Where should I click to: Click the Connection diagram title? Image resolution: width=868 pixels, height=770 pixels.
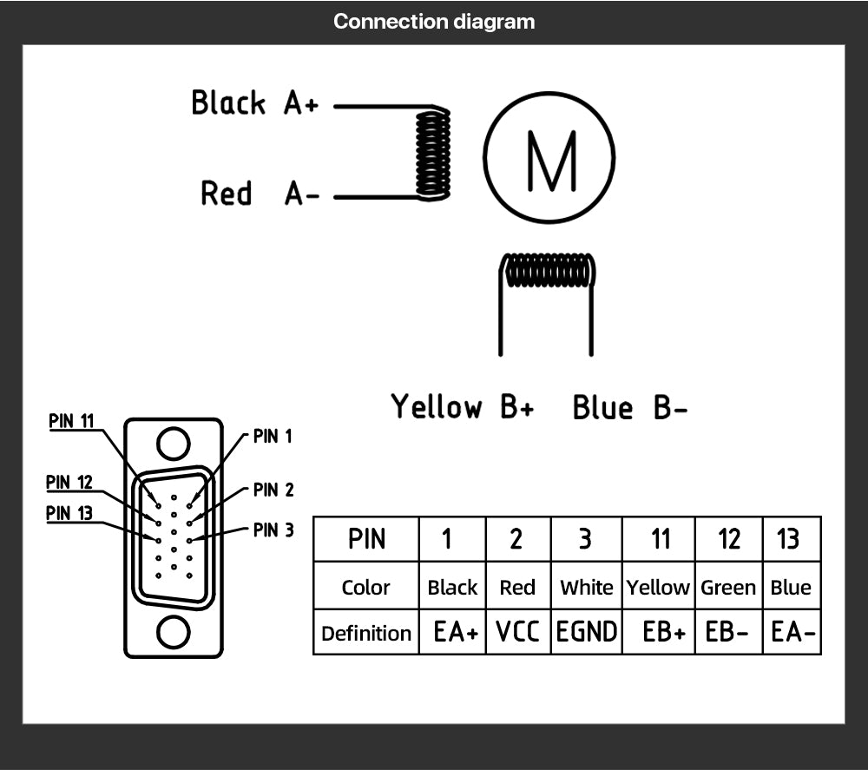pos(434,22)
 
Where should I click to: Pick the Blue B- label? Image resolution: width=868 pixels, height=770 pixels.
pos(629,407)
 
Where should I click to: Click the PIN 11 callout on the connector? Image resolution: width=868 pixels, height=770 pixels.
pos(71,421)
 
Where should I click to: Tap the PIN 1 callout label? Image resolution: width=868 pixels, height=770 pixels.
pos(273,437)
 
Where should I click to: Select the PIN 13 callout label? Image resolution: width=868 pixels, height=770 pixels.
pos(69,513)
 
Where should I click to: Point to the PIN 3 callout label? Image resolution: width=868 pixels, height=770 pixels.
pos(273,530)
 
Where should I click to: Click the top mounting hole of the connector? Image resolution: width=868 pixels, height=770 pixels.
pos(173,444)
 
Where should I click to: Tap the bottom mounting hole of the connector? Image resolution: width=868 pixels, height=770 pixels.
pos(173,631)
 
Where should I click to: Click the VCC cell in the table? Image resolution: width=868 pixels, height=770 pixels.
pos(517,633)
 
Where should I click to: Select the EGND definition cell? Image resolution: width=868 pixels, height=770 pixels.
pos(587,633)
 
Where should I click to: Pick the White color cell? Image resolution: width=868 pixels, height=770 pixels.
pos(587,588)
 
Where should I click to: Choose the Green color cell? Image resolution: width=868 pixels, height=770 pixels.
pos(728,588)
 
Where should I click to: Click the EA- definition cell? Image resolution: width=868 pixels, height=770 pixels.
pos(792,633)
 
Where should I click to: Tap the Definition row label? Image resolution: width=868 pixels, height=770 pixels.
pos(365,633)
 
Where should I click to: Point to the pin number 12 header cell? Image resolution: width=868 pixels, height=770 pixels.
pos(728,539)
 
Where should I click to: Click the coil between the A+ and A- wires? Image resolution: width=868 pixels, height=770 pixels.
pos(432,154)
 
